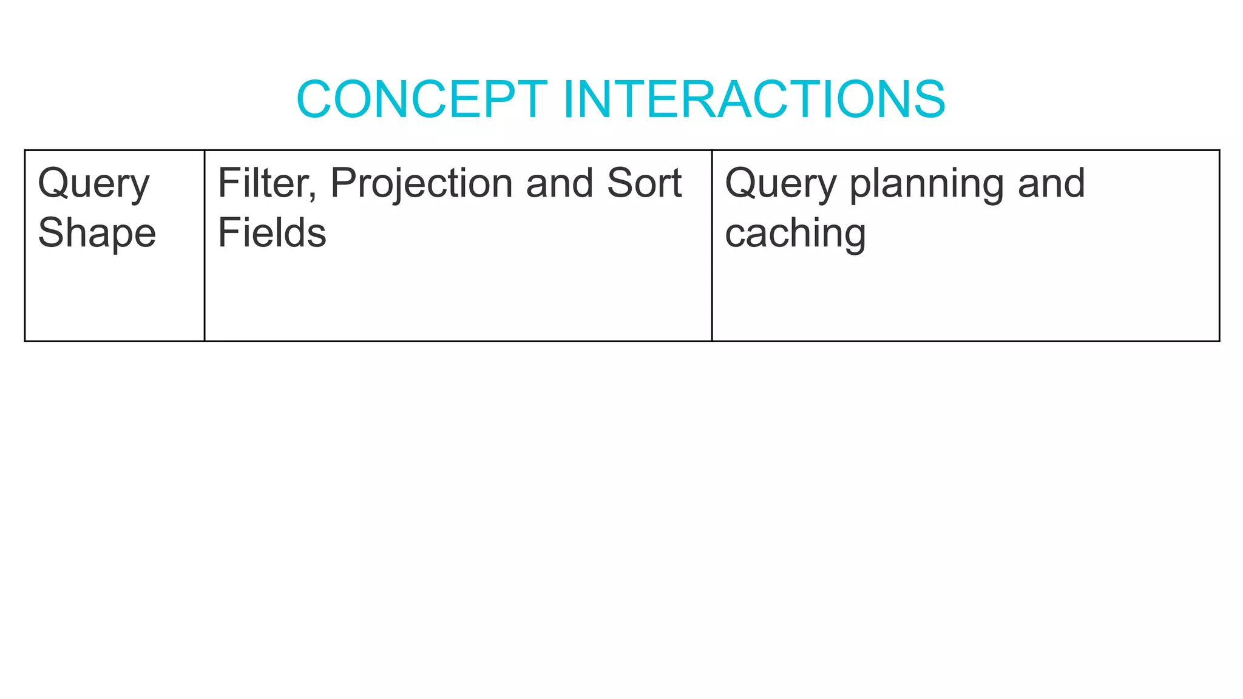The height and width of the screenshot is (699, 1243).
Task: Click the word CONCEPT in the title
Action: pos(422,99)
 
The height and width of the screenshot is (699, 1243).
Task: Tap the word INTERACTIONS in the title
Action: pos(754,99)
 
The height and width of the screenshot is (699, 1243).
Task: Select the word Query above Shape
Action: pos(93,184)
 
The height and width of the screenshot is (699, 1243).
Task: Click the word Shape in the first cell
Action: pos(97,233)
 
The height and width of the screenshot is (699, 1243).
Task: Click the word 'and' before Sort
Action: pos(559,183)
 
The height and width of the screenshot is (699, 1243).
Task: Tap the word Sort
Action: pos(644,183)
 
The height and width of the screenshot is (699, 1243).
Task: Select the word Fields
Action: pos(272,233)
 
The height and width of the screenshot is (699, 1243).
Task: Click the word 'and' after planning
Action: pos(1051,183)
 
